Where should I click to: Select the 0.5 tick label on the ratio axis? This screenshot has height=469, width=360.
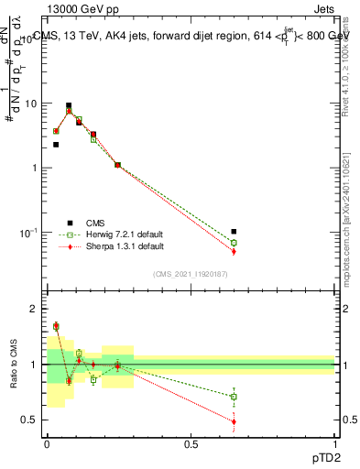point(31,420)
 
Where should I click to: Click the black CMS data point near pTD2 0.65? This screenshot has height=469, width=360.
point(234,232)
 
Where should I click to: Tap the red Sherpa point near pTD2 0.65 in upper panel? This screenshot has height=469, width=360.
point(234,251)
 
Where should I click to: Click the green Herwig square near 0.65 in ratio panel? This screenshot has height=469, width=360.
point(234,397)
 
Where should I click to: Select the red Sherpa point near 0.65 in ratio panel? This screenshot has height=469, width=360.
point(234,421)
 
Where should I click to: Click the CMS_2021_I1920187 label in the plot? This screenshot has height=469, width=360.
point(191,273)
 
